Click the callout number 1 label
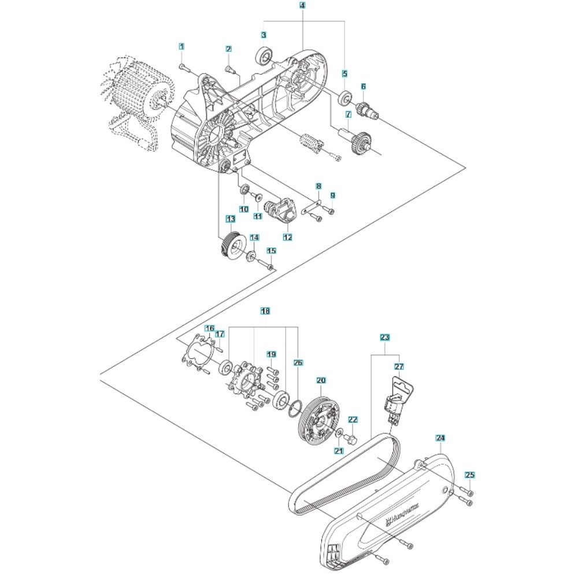[x=181, y=46]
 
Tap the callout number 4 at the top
[x=303, y=5]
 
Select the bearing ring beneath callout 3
[x=265, y=57]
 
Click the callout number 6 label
[x=364, y=86]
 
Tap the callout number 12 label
[x=287, y=237]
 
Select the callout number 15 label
[x=271, y=251]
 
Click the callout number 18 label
[x=265, y=311]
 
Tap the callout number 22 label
[x=353, y=420]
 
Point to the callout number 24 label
[x=441, y=438]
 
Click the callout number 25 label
[x=470, y=475]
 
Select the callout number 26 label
[x=297, y=363]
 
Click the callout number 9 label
[x=332, y=195]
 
